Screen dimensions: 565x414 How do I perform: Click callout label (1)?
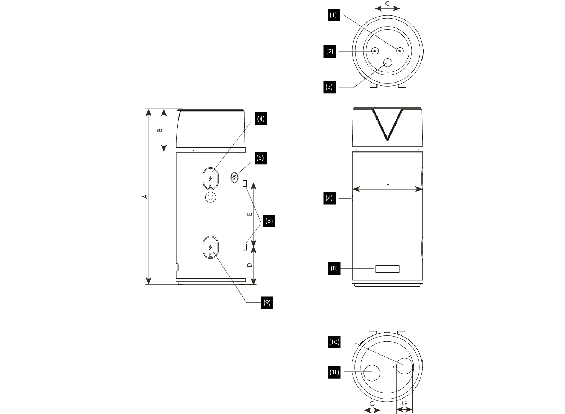click(x=333, y=15)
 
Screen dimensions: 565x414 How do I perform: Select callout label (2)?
click(x=330, y=52)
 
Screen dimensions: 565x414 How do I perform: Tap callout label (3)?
click(x=329, y=87)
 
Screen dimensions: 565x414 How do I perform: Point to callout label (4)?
click(x=261, y=119)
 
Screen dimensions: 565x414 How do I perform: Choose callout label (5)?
click(x=260, y=158)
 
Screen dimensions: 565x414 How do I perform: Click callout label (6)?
click(x=269, y=221)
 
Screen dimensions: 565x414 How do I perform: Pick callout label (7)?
click(x=329, y=198)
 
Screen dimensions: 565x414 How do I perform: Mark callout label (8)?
click(x=334, y=268)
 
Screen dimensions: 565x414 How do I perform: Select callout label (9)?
click(x=267, y=303)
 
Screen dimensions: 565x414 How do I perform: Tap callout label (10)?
click(x=334, y=342)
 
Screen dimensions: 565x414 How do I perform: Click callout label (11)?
click(x=334, y=373)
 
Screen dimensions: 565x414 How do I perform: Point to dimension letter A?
click(x=145, y=196)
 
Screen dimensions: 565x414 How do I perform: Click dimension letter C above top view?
click(x=388, y=4)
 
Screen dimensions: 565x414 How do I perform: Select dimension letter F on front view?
click(x=388, y=185)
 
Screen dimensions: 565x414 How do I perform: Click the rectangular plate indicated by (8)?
click(x=387, y=269)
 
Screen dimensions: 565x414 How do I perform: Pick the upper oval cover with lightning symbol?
click(x=211, y=178)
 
